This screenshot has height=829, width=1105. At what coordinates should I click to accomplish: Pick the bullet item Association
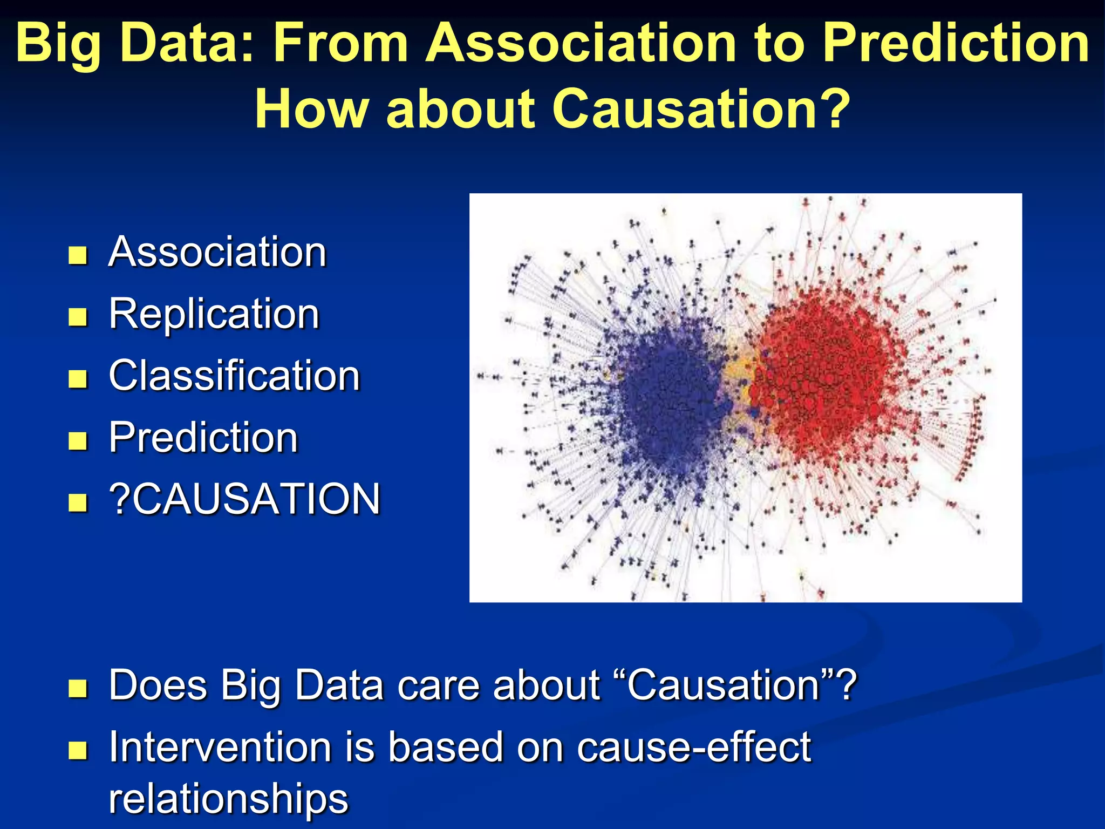tap(217, 252)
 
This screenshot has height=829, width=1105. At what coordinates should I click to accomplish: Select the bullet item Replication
tap(214, 314)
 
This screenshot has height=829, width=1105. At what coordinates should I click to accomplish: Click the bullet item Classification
tap(234, 376)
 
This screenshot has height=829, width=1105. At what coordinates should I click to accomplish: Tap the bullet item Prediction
tap(203, 437)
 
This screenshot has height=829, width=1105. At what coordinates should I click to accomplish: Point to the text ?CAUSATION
tap(244, 499)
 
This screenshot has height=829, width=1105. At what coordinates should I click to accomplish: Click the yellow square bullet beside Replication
tap(78, 317)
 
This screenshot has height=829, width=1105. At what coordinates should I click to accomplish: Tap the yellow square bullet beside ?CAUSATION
tap(78, 502)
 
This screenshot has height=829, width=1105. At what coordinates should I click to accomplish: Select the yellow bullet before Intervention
tap(78, 750)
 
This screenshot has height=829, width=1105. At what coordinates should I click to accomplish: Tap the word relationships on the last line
tap(228, 799)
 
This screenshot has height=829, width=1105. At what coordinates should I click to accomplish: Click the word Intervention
tap(220, 748)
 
